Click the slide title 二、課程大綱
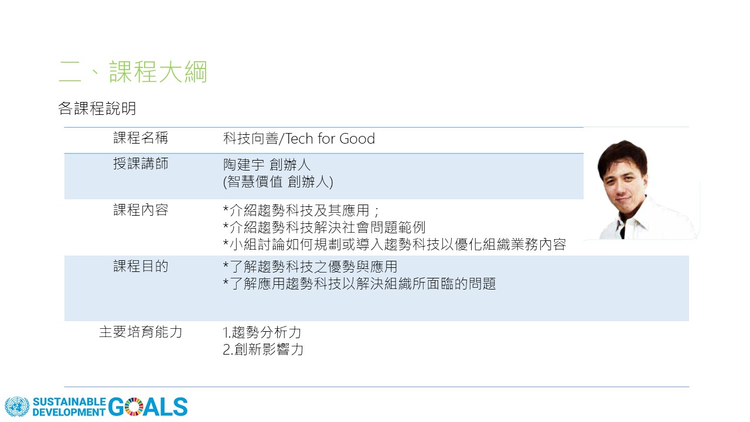pos(133,72)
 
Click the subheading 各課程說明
pos(97,108)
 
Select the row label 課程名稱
pos(141,138)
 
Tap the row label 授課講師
pos(141,164)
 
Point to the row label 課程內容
pos(141,210)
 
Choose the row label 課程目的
pos(141,266)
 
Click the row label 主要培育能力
pos(141,332)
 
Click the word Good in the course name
pos(357,139)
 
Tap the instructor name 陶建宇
pos(244,165)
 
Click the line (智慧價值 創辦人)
pos(278,182)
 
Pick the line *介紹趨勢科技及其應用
pos(301,210)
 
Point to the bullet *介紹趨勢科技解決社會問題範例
pos(324,227)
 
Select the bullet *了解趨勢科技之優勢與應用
pos(310,267)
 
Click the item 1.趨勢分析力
pos(262,332)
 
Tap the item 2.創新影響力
pos(263,349)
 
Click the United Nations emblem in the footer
pos(17,407)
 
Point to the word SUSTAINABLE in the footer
pos(69,401)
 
